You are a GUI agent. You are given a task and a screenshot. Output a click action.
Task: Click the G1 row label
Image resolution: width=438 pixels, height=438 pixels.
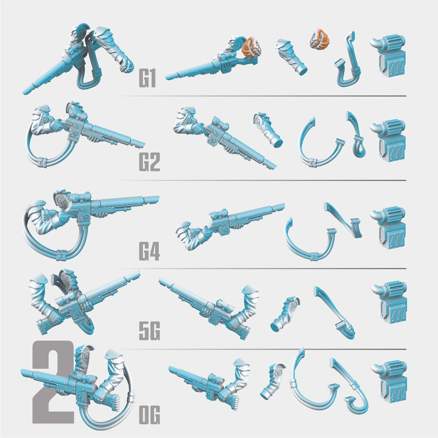pos(147,78)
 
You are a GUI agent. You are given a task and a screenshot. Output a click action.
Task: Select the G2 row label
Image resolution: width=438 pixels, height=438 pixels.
pos(150,162)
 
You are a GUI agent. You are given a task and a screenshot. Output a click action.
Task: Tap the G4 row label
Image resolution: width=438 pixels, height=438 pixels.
pos(150,251)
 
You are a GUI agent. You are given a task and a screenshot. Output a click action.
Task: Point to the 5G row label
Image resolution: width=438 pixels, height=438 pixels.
pos(150,330)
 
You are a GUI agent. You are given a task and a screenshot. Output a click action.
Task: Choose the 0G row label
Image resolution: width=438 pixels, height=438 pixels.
pos(150,415)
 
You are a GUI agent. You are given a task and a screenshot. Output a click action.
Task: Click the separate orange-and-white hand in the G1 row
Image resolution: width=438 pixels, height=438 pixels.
pos(319,38)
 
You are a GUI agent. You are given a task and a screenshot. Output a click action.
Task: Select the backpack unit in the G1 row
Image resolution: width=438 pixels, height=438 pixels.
pos(389,56)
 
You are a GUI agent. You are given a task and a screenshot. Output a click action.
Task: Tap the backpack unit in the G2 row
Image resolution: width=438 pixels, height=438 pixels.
pos(389,141)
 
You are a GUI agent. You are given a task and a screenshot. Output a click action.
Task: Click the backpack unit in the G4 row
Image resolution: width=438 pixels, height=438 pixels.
pos(389,228)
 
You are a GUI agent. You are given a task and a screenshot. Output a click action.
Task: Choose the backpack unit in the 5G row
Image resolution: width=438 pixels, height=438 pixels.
pos(390,302)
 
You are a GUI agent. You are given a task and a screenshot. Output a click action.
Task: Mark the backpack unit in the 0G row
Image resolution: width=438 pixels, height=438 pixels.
pos(390,381)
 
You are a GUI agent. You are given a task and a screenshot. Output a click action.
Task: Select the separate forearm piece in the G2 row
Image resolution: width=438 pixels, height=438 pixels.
pos(268,130)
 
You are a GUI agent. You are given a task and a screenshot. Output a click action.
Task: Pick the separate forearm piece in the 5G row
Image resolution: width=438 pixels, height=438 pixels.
pos(284,314)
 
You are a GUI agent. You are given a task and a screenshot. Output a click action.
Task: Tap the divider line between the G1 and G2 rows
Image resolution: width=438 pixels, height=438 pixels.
pos(262,96)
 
